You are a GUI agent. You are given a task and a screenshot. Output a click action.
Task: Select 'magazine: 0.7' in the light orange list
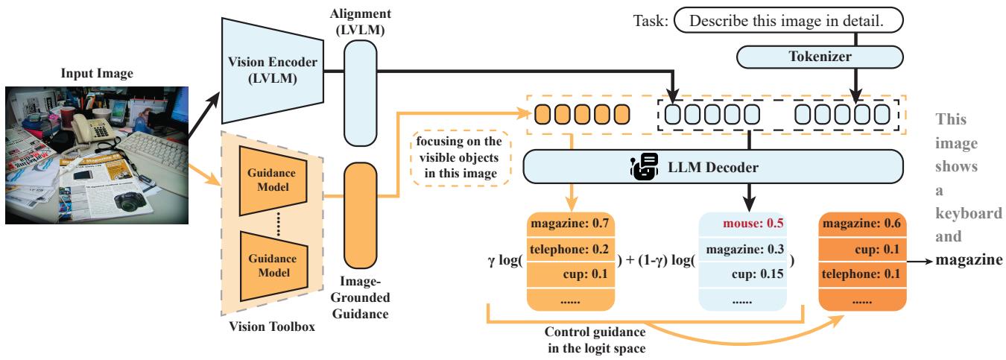pyautogui.click(x=571, y=223)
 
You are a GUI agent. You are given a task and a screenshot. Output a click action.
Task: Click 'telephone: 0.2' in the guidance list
pyautogui.click(x=571, y=248)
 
